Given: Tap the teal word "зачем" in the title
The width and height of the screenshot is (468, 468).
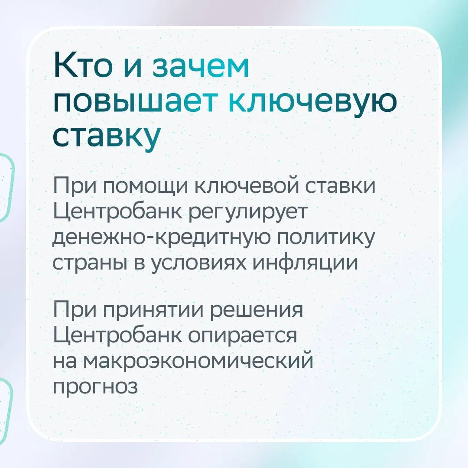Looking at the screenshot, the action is click(201, 68).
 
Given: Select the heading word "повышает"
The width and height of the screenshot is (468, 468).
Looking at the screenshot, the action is click(134, 102).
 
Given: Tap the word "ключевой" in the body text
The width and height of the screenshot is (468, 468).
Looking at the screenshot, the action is click(247, 185).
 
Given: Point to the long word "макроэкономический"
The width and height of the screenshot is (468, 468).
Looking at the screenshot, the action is click(198, 361).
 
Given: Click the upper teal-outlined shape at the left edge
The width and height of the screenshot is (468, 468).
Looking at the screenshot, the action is click(11, 188).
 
